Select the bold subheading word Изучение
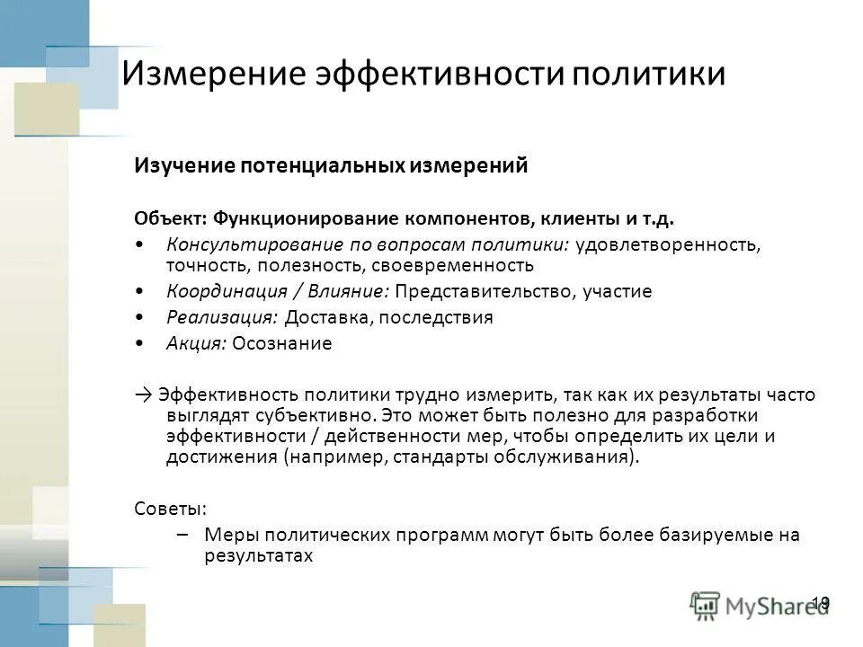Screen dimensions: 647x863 [187, 166]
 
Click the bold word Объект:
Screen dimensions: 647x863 [171, 218]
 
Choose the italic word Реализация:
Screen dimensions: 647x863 [222, 317]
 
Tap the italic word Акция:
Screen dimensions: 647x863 [197, 343]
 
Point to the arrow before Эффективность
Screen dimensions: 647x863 [145, 394]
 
